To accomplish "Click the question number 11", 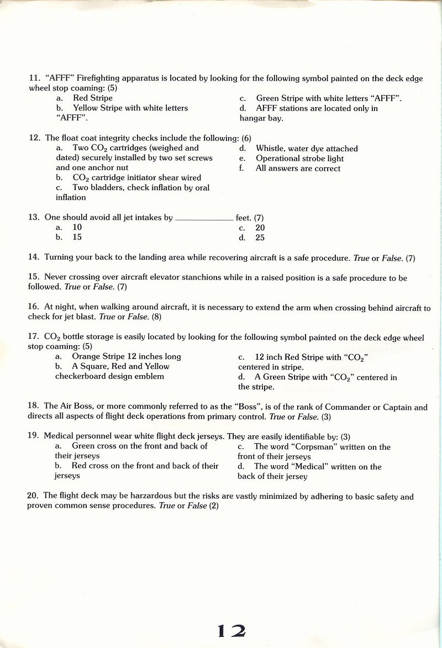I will (x=33, y=78).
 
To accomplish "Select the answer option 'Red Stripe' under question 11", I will (x=93, y=98).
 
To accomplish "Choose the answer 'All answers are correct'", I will (x=298, y=168).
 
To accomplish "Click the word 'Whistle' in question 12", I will (x=270, y=149).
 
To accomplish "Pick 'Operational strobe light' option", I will (x=299, y=159).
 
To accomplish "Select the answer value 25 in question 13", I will (x=260, y=238).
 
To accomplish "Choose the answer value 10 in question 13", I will (x=77, y=228).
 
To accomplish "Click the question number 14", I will (x=33, y=257).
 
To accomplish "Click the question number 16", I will (x=33, y=308).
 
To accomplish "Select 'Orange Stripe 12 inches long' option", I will (x=127, y=357).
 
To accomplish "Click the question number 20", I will (x=33, y=497).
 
